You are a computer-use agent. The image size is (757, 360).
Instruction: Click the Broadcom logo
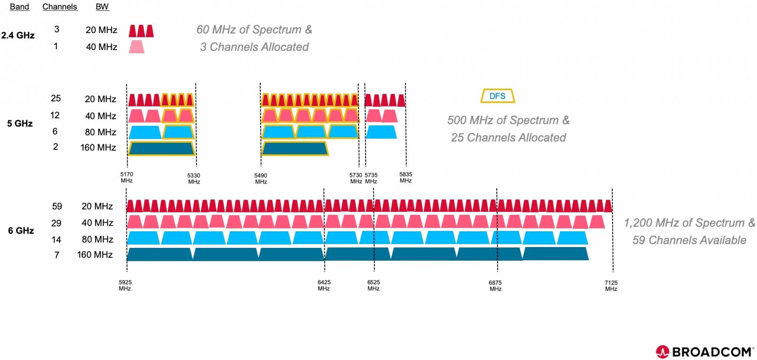tap(704, 351)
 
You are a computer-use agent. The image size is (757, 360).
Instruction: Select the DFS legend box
tap(497, 96)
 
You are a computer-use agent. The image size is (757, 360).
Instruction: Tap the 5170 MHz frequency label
tap(126, 177)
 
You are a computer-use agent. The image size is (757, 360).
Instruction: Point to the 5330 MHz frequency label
tap(194, 178)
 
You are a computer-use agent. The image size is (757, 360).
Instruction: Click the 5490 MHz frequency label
tap(261, 178)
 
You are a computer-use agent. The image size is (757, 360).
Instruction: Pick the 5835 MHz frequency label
tap(405, 177)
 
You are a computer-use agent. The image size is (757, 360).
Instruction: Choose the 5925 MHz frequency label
tap(125, 285)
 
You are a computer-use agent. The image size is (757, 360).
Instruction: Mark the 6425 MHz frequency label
tap(324, 285)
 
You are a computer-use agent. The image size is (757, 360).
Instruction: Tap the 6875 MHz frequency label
tap(495, 286)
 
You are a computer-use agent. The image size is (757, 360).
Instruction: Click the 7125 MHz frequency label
tap(611, 286)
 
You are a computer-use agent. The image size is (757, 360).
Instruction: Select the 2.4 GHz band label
tap(18, 35)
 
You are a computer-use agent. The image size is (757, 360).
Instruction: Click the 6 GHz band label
tap(21, 231)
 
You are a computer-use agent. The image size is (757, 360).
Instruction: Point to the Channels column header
tap(60, 7)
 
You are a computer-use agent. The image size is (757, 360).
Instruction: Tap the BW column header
tap(102, 7)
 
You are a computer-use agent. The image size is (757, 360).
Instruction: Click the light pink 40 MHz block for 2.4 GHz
tap(137, 47)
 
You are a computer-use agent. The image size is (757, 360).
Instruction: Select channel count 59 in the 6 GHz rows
tap(57, 206)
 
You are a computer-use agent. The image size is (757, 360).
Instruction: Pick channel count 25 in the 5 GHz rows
tap(56, 98)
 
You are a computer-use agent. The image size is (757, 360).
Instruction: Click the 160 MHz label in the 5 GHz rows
tap(98, 148)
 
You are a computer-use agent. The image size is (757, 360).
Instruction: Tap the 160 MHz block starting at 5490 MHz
tap(295, 149)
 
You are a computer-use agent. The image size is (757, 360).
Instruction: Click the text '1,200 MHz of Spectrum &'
tap(689, 223)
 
